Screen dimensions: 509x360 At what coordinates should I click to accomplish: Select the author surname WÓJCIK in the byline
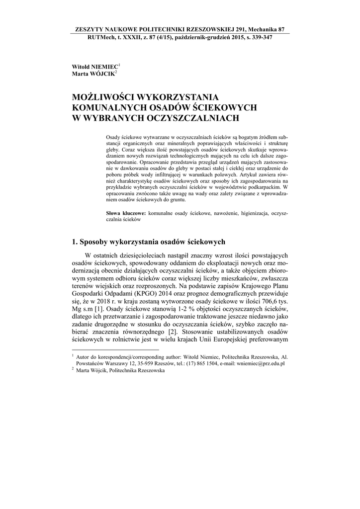coord(102,74)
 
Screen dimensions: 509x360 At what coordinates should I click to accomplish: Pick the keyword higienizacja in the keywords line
coord(250,213)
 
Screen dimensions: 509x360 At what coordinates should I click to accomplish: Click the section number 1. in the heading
coord(76,242)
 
